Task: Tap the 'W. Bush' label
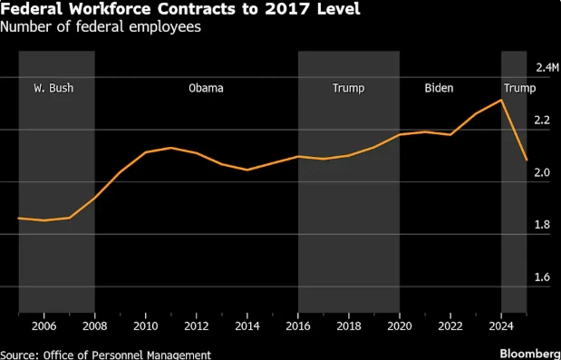(x=53, y=88)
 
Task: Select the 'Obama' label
(x=206, y=88)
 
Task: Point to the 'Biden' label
(x=439, y=88)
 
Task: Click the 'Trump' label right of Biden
(x=519, y=88)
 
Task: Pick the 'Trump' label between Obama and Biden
(x=349, y=88)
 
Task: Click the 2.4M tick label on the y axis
(x=547, y=68)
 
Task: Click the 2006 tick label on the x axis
(x=44, y=326)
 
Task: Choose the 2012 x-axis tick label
(x=197, y=326)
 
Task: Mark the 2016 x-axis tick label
(x=298, y=326)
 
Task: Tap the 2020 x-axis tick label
(x=400, y=326)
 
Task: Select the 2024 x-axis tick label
(x=501, y=326)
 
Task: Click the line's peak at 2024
(x=501, y=100)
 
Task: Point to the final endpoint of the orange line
(x=527, y=160)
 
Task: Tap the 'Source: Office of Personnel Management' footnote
(x=106, y=354)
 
